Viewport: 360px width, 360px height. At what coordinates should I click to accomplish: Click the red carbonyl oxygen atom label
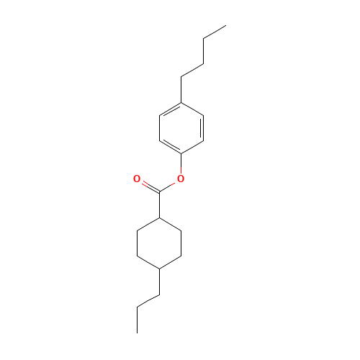point(137,179)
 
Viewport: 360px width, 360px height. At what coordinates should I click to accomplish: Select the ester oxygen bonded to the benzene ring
point(181,179)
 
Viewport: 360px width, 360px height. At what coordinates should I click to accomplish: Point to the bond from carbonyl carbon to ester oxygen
point(169,186)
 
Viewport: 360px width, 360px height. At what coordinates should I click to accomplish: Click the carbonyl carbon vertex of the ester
point(159,192)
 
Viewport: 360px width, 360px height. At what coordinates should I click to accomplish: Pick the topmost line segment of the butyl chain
point(215,32)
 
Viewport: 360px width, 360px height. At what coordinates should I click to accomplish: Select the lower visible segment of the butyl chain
point(192,71)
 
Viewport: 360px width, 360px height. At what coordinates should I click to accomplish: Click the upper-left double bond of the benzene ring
point(170,109)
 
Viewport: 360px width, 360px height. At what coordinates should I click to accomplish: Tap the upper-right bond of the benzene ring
point(192,109)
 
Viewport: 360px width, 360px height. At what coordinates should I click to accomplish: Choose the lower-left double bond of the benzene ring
point(170,146)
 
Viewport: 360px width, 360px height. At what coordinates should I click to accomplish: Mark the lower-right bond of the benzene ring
point(192,146)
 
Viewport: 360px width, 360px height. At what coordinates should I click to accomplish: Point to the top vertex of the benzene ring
point(181,102)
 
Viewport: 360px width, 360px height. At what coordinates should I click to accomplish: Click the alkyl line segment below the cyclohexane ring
point(148,301)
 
